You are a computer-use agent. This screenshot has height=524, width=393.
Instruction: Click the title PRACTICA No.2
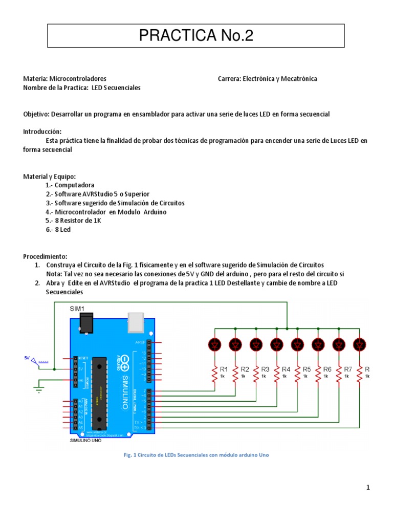(x=196, y=36)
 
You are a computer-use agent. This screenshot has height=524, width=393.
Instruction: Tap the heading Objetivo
(x=36, y=114)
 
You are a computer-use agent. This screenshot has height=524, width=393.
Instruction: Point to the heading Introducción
(x=42, y=132)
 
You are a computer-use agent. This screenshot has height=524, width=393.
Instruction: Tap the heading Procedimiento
(x=45, y=256)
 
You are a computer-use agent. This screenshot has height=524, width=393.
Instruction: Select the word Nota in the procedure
(x=54, y=274)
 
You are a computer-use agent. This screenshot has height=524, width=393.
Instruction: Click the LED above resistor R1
(x=214, y=345)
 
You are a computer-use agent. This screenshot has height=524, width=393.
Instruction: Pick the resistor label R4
(x=286, y=368)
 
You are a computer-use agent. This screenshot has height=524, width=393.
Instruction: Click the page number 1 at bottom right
(x=367, y=488)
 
